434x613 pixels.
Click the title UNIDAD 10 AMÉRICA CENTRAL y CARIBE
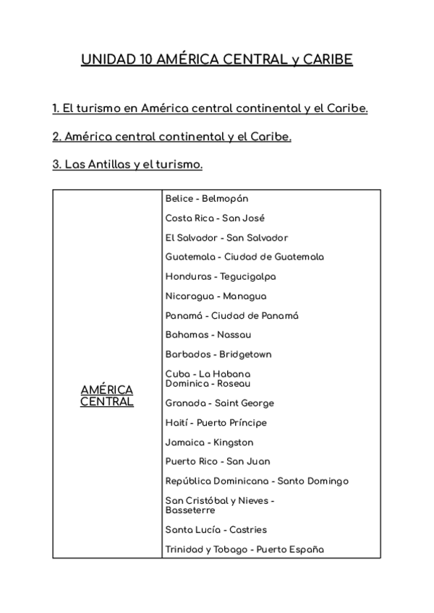[x=217, y=59]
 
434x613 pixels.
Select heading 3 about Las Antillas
[x=127, y=164]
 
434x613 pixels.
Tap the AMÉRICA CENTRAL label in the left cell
[x=107, y=395]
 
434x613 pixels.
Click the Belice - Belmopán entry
[x=207, y=198]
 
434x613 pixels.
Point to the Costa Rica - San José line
[x=215, y=218]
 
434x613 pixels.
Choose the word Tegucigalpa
[x=248, y=276]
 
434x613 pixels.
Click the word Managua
[x=244, y=296]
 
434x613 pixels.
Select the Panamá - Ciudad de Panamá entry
[x=231, y=315]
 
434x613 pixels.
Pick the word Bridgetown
[x=246, y=354]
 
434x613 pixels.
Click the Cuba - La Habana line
[x=208, y=374]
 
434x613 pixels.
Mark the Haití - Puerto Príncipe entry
[x=216, y=422]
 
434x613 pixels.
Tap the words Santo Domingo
[x=313, y=481]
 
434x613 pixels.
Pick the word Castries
[x=247, y=529]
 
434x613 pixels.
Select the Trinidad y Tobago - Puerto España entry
[x=244, y=549]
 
